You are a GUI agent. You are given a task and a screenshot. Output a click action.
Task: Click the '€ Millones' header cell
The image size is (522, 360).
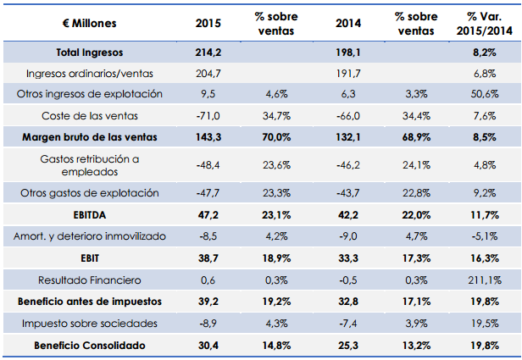pos(83,22)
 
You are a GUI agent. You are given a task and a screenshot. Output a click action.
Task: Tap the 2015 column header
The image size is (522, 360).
pos(206,22)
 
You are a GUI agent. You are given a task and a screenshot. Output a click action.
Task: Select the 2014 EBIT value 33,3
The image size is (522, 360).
pos(346,257)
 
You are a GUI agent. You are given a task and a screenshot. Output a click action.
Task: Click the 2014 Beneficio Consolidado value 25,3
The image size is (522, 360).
pos(346,345)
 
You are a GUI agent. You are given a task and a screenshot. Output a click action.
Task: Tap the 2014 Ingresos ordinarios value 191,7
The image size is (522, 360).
pos(346,73)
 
